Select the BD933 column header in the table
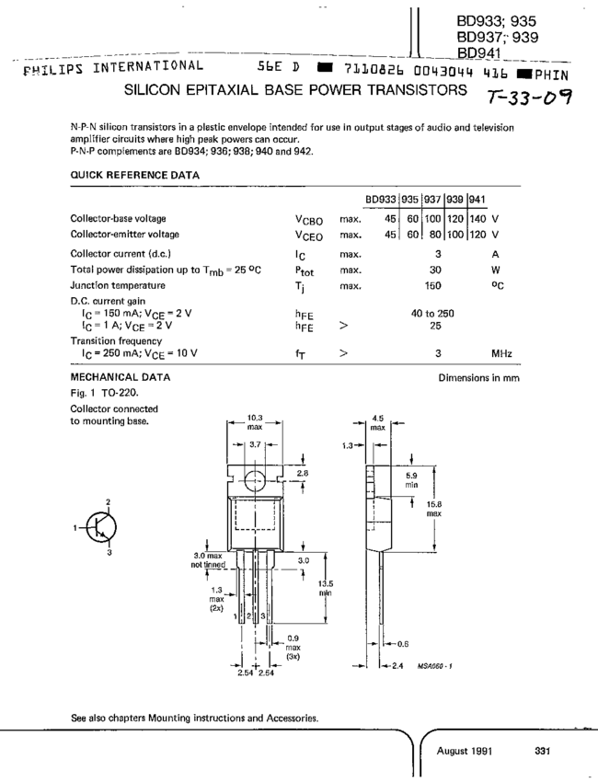pos(381,200)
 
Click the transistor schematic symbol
pos(103,528)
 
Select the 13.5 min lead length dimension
pos(324,588)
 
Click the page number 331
pos(541,751)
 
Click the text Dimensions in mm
pos(479,378)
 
